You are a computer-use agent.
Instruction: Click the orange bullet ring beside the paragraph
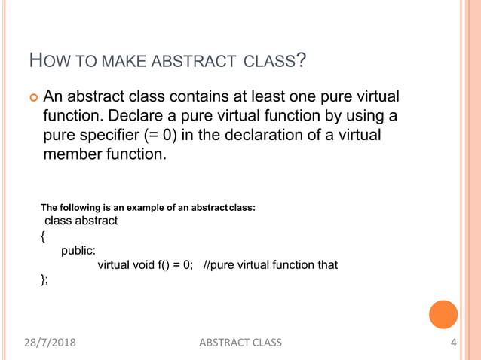tap(32, 97)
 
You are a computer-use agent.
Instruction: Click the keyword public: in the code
tap(78, 251)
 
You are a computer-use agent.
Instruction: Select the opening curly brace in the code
tap(43, 236)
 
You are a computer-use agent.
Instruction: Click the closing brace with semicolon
tap(44, 279)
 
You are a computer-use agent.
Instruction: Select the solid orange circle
tap(443, 315)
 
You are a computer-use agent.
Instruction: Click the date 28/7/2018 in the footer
tap(50, 343)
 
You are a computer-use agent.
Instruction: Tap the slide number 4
tap(453, 343)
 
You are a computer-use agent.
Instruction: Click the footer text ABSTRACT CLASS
tap(240, 343)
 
